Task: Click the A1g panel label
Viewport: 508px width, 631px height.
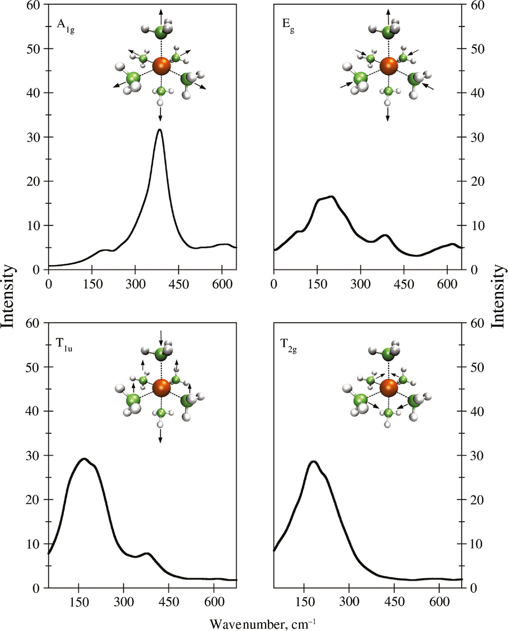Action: coord(66,26)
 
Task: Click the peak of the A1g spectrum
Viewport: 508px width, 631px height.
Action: coord(160,130)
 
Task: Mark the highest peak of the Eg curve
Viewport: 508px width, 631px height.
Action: coord(331,196)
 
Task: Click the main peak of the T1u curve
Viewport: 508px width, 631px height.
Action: coord(84,459)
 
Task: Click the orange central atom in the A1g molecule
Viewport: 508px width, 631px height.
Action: coord(162,66)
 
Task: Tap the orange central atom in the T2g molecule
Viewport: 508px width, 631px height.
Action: coord(389,388)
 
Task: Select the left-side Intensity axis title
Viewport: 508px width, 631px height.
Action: coord(8,296)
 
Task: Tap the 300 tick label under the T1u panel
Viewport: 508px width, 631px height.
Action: coord(124,602)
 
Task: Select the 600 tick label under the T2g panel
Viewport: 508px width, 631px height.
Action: coord(439,602)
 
